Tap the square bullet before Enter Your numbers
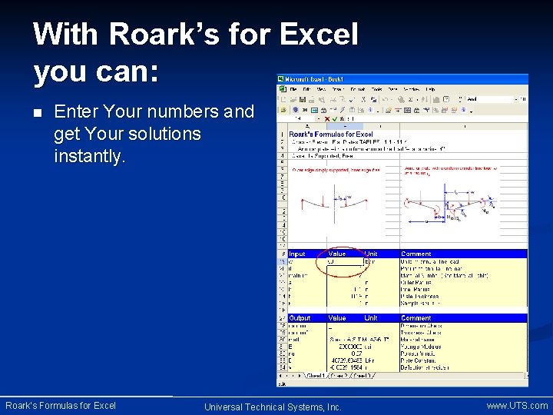tap(38, 113)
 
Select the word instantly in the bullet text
tap(89, 156)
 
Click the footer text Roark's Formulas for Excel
tap(61, 405)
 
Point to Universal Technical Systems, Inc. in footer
tap(273, 407)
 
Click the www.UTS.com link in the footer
tap(517, 405)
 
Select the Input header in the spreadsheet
tap(297, 254)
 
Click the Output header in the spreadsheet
tap(300, 317)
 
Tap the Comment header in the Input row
tap(416, 254)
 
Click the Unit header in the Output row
tap(371, 317)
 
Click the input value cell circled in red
tap(337, 261)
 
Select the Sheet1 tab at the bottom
tap(315, 376)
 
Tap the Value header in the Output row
tap(337, 317)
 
